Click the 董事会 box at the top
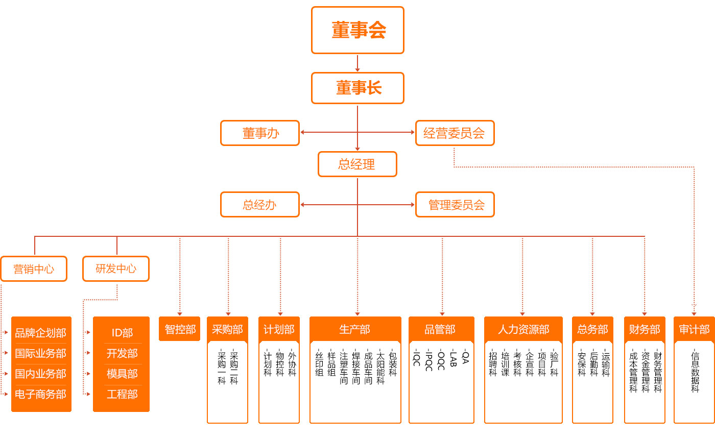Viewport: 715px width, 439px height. click(x=357, y=30)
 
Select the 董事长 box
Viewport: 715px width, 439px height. click(x=357, y=88)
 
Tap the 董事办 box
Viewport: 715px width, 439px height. click(x=260, y=133)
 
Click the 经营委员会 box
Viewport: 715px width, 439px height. click(x=455, y=133)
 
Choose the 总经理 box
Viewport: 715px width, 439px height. click(x=357, y=164)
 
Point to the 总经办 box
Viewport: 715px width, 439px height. click(x=260, y=205)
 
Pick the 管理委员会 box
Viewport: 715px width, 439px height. click(x=455, y=205)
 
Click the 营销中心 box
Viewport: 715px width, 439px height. click(x=34, y=269)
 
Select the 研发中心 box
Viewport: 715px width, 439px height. click(x=116, y=269)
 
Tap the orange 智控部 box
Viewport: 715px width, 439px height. click(x=180, y=329)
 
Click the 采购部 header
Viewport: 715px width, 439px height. click(x=227, y=329)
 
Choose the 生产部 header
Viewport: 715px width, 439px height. click(x=355, y=329)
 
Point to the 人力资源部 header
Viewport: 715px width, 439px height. click(x=523, y=329)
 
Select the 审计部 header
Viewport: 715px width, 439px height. click(x=694, y=329)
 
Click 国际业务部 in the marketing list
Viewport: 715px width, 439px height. click(x=41, y=353)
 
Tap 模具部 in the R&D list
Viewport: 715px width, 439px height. click(x=122, y=374)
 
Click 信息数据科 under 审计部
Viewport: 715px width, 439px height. click(x=695, y=371)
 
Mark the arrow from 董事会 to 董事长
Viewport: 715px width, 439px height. click(x=357, y=63)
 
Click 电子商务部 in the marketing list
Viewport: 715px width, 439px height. click(x=41, y=394)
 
